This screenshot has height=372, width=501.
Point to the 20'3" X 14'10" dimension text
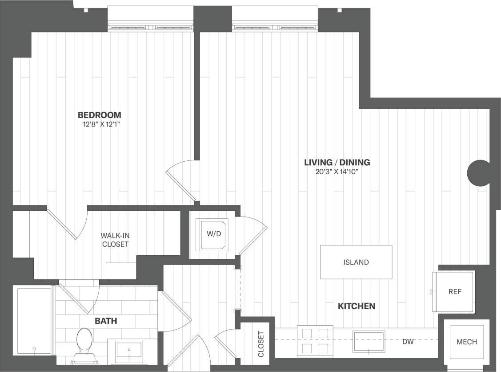337,172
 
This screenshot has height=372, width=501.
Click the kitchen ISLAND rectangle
356,262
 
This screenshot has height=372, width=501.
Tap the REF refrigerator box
454,292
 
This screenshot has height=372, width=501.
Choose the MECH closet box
466,342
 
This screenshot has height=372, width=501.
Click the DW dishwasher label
409,342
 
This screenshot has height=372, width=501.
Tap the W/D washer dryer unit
212,234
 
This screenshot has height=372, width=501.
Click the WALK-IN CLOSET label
115,240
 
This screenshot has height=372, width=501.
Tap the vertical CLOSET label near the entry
261,343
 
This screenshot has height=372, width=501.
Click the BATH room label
106,321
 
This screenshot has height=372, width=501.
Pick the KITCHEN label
357,306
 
